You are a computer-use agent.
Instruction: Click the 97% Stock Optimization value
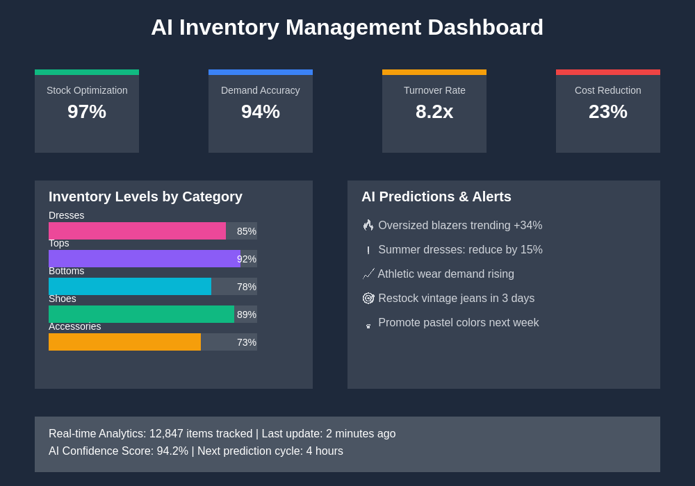(87, 112)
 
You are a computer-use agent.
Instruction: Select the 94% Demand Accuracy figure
(261, 112)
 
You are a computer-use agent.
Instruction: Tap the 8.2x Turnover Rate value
(434, 112)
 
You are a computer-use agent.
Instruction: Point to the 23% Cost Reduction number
(608, 112)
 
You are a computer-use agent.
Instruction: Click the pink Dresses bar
(137, 231)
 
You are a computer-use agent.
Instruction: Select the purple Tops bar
(145, 259)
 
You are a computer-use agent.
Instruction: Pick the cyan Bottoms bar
(130, 287)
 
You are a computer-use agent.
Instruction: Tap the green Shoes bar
(141, 315)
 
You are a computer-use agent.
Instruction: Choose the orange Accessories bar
(124, 342)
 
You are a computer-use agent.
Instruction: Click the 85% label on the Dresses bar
(247, 231)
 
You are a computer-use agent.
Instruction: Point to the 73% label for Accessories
(247, 342)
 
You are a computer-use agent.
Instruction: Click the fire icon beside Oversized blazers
(368, 226)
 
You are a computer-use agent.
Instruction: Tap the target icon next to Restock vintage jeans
(368, 299)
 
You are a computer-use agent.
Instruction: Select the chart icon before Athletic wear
(368, 274)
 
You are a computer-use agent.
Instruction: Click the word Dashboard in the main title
(485, 28)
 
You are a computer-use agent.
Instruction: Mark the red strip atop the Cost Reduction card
(608, 72)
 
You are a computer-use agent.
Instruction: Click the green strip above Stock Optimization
(87, 72)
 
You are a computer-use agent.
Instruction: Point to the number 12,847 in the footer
(166, 434)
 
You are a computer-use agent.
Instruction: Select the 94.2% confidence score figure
(172, 451)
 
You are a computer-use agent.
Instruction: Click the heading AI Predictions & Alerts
(436, 197)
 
